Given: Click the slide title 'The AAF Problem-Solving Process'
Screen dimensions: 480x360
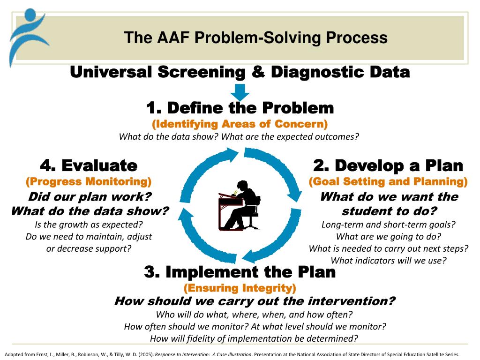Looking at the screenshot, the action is [255, 37].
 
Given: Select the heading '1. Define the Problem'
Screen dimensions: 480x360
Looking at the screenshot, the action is [240, 108].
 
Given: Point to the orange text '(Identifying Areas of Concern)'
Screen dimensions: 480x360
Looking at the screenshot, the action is [240, 124].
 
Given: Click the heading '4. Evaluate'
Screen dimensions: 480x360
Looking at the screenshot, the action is [89, 165].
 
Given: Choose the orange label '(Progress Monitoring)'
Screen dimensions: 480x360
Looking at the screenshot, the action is [89, 181].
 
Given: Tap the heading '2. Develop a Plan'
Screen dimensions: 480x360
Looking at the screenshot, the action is [388, 165].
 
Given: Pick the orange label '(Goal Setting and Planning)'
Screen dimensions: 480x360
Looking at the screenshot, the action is [388, 181].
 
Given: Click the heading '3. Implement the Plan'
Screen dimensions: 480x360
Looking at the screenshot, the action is [240, 272].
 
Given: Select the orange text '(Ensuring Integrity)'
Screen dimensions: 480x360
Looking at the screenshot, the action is [240, 287].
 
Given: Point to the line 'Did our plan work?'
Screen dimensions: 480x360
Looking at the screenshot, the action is [89, 196].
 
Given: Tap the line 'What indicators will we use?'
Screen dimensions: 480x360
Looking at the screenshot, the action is [388, 261].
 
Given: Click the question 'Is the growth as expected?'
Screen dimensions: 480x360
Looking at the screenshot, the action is [89, 224].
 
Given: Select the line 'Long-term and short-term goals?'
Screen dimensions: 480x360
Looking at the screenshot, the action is [388, 224].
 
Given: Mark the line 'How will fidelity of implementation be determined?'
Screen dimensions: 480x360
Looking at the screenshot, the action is [254, 338].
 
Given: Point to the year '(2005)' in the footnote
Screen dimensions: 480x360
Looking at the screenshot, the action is [146, 354].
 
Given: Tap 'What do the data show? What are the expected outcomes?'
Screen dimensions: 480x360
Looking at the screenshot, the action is [239, 137].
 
